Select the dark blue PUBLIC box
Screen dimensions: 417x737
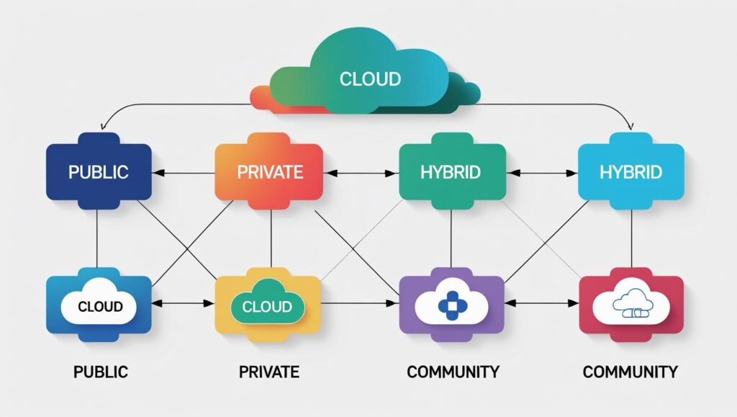click(x=99, y=172)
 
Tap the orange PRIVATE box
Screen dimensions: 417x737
click(x=269, y=172)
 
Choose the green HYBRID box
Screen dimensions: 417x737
click(x=451, y=172)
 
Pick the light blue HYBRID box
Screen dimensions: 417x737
click(x=631, y=172)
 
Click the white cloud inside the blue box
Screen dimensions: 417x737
click(x=99, y=306)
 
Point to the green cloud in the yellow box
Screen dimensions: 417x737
click(x=266, y=306)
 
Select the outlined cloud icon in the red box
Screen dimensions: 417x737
click(x=631, y=306)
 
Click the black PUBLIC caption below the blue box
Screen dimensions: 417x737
click(x=100, y=372)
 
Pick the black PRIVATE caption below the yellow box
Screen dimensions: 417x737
click(x=268, y=372)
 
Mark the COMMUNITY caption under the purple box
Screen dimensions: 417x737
click(x=453, y=372)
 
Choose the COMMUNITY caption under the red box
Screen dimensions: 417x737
click(x=630, y=372)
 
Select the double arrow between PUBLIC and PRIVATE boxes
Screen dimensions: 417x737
click(x=184, y=173)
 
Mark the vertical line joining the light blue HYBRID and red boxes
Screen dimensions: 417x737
click(x=631, y=238)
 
